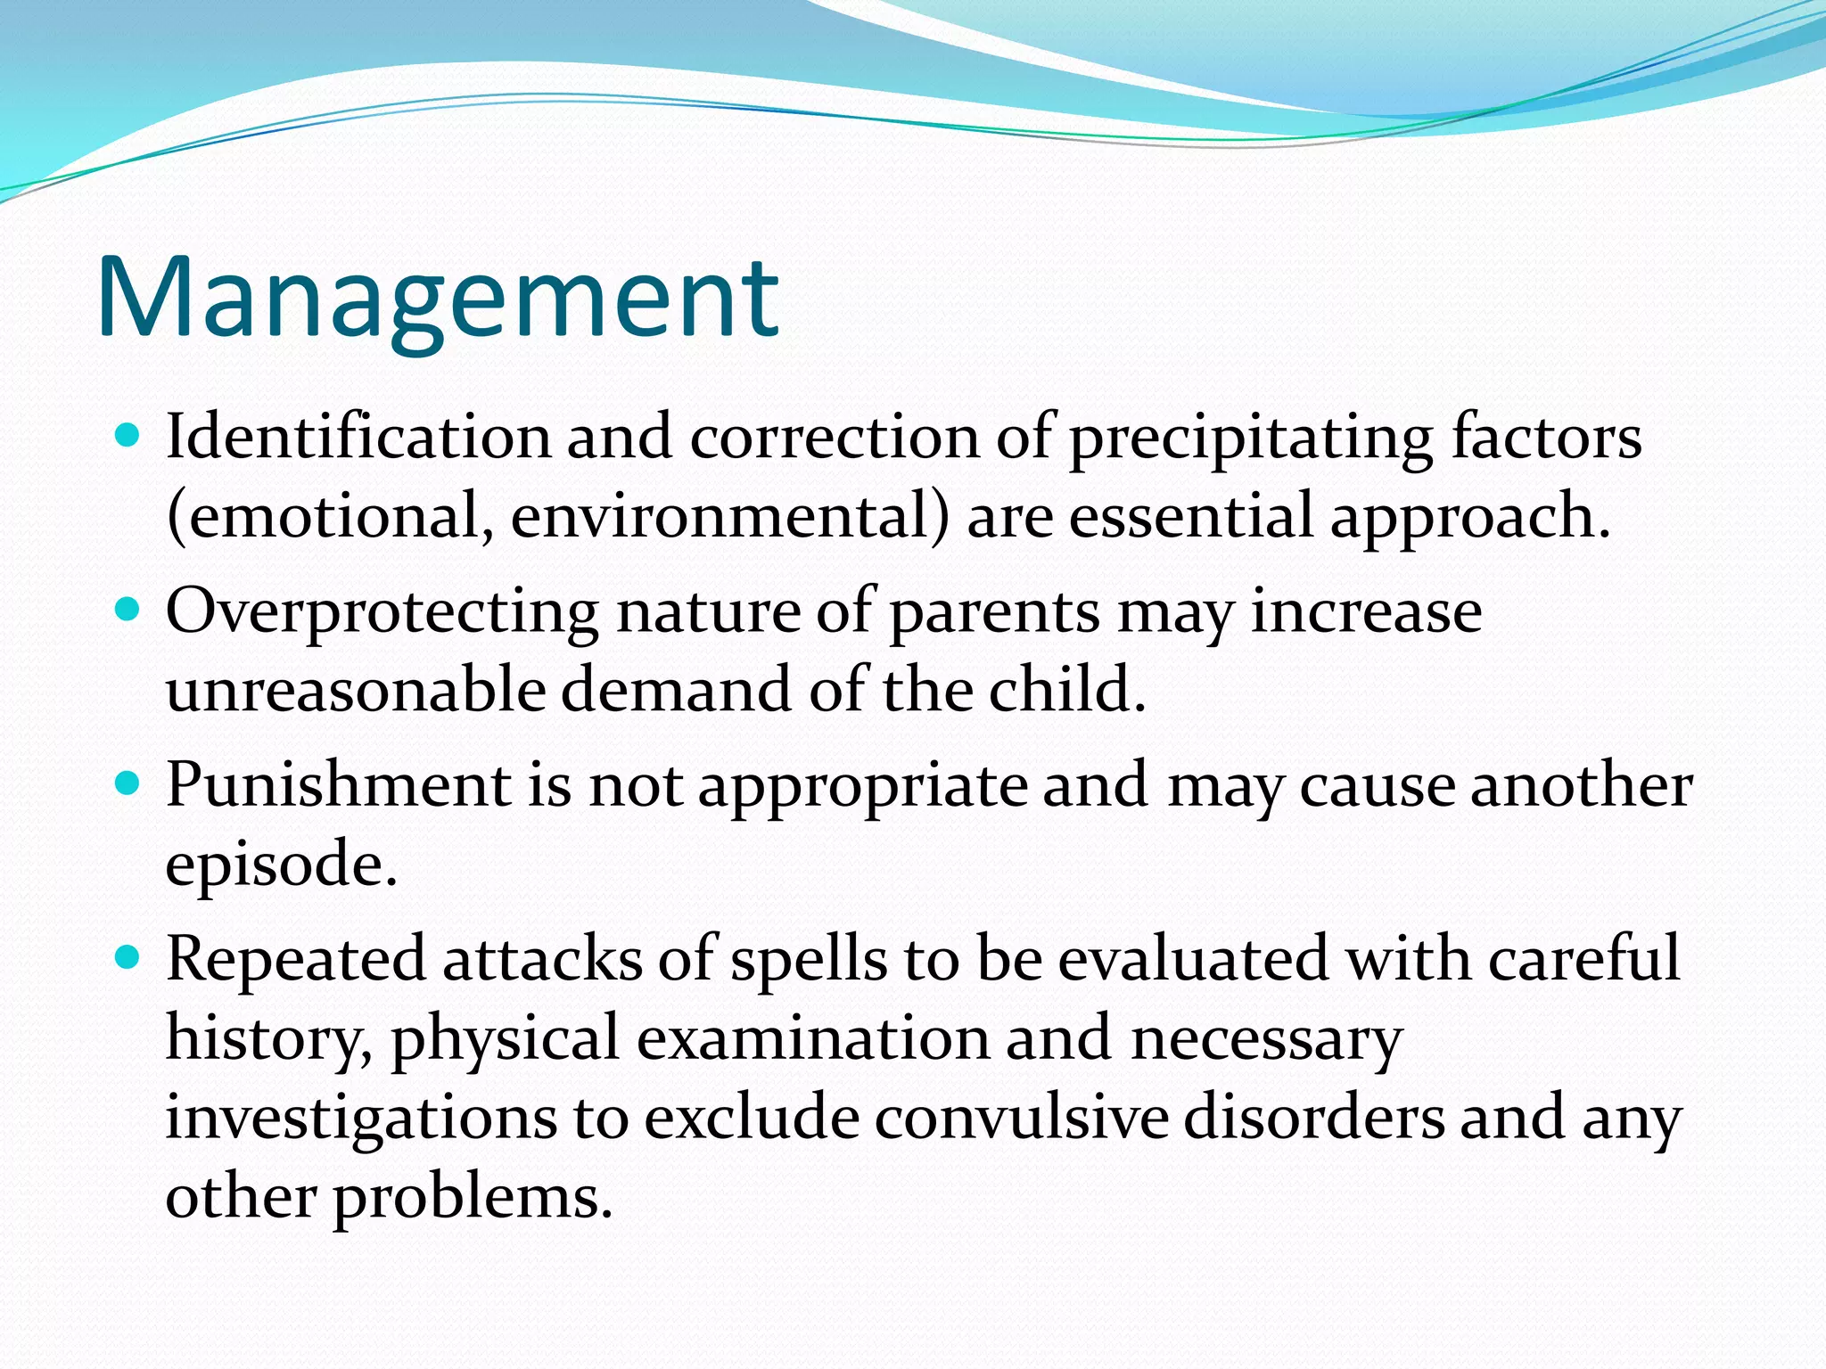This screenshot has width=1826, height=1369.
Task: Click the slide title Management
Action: click(x=438, y=298)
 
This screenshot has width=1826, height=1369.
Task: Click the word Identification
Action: click(x=358, y=438)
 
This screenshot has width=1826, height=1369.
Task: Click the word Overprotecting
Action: click(x=382, y=614)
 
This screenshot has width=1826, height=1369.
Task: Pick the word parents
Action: click(x=995, y=614)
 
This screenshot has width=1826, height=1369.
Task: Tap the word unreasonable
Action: click(x=355, y=691)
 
